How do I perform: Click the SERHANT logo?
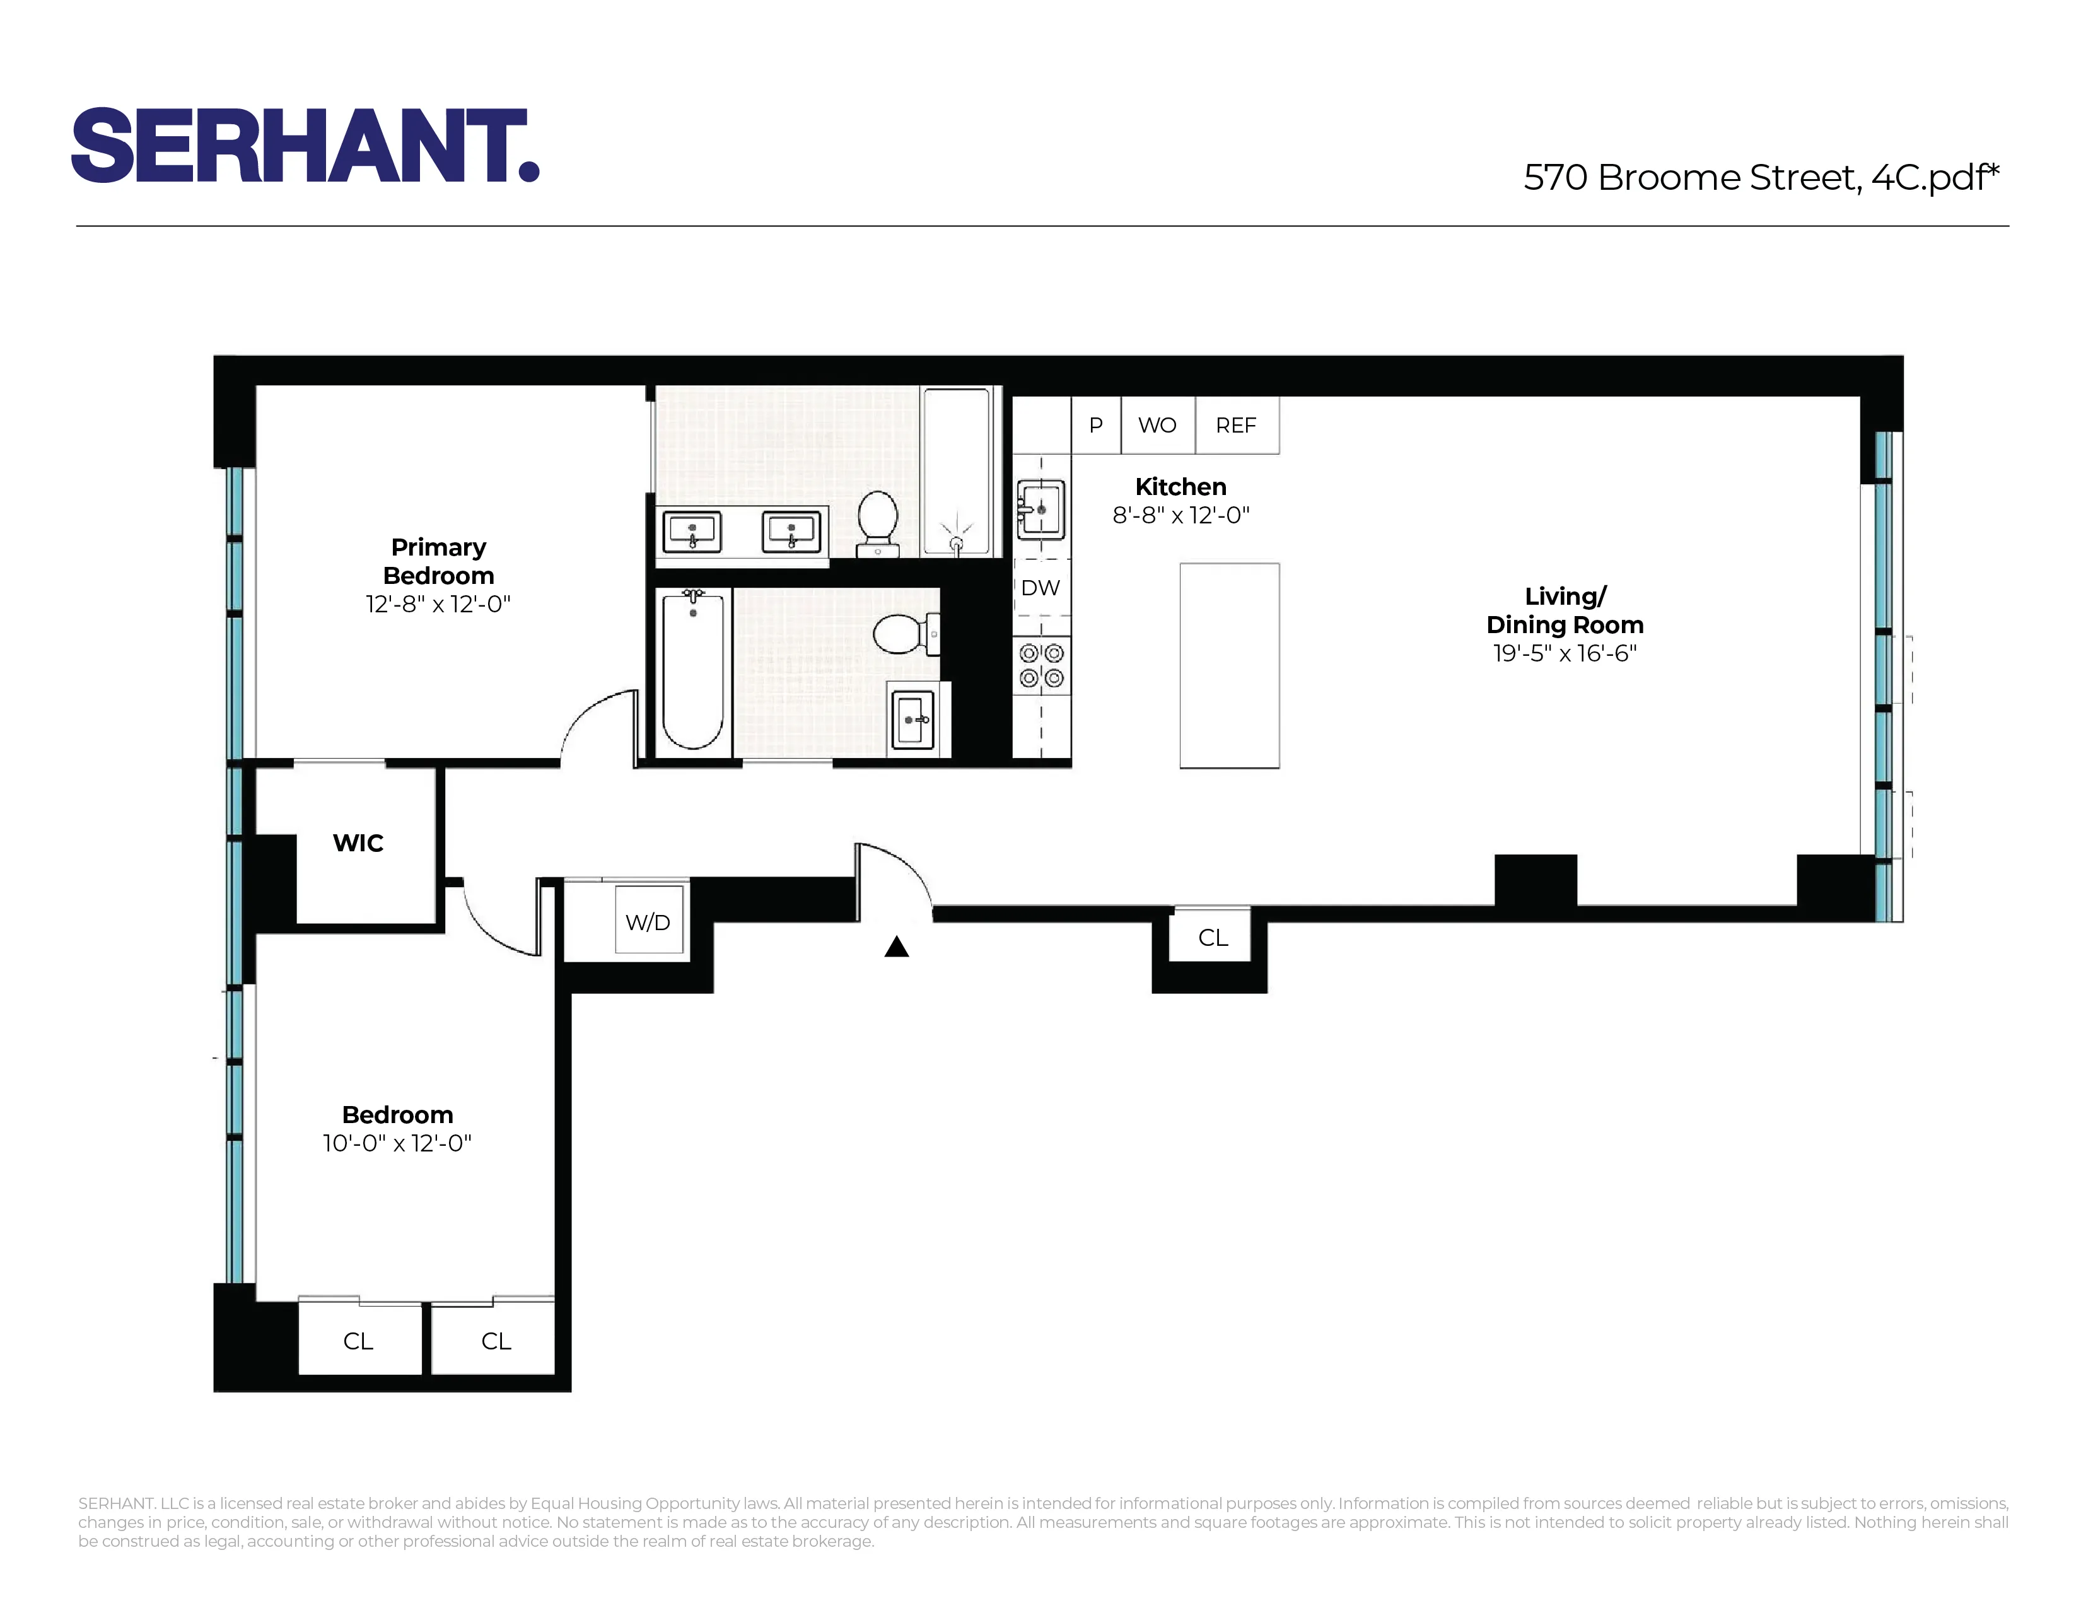tap(305, 145)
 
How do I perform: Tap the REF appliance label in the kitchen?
tap(1236, 426)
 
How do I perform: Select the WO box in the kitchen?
tap(1157, 426)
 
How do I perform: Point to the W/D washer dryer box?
tap(648, 921)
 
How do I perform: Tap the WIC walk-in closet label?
tap(358, 843)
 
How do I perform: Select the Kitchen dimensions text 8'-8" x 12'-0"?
tap(1180, 515)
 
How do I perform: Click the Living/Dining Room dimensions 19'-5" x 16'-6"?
tap(1565, 653)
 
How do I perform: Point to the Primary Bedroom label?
tap(438, 561)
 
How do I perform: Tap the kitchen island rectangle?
tap(1229, 665)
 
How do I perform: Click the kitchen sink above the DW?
tap(1040, 510)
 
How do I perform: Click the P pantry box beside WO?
tap(1096, 426)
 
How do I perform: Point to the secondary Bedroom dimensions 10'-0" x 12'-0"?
tap(397, 1143)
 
